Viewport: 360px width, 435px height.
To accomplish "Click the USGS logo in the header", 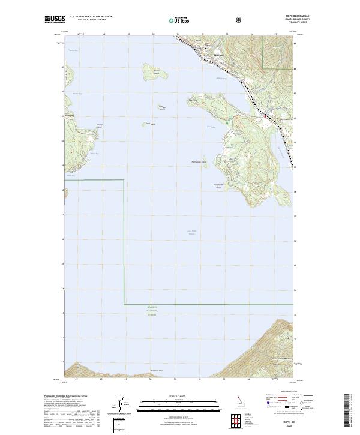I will tap(55, 20).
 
